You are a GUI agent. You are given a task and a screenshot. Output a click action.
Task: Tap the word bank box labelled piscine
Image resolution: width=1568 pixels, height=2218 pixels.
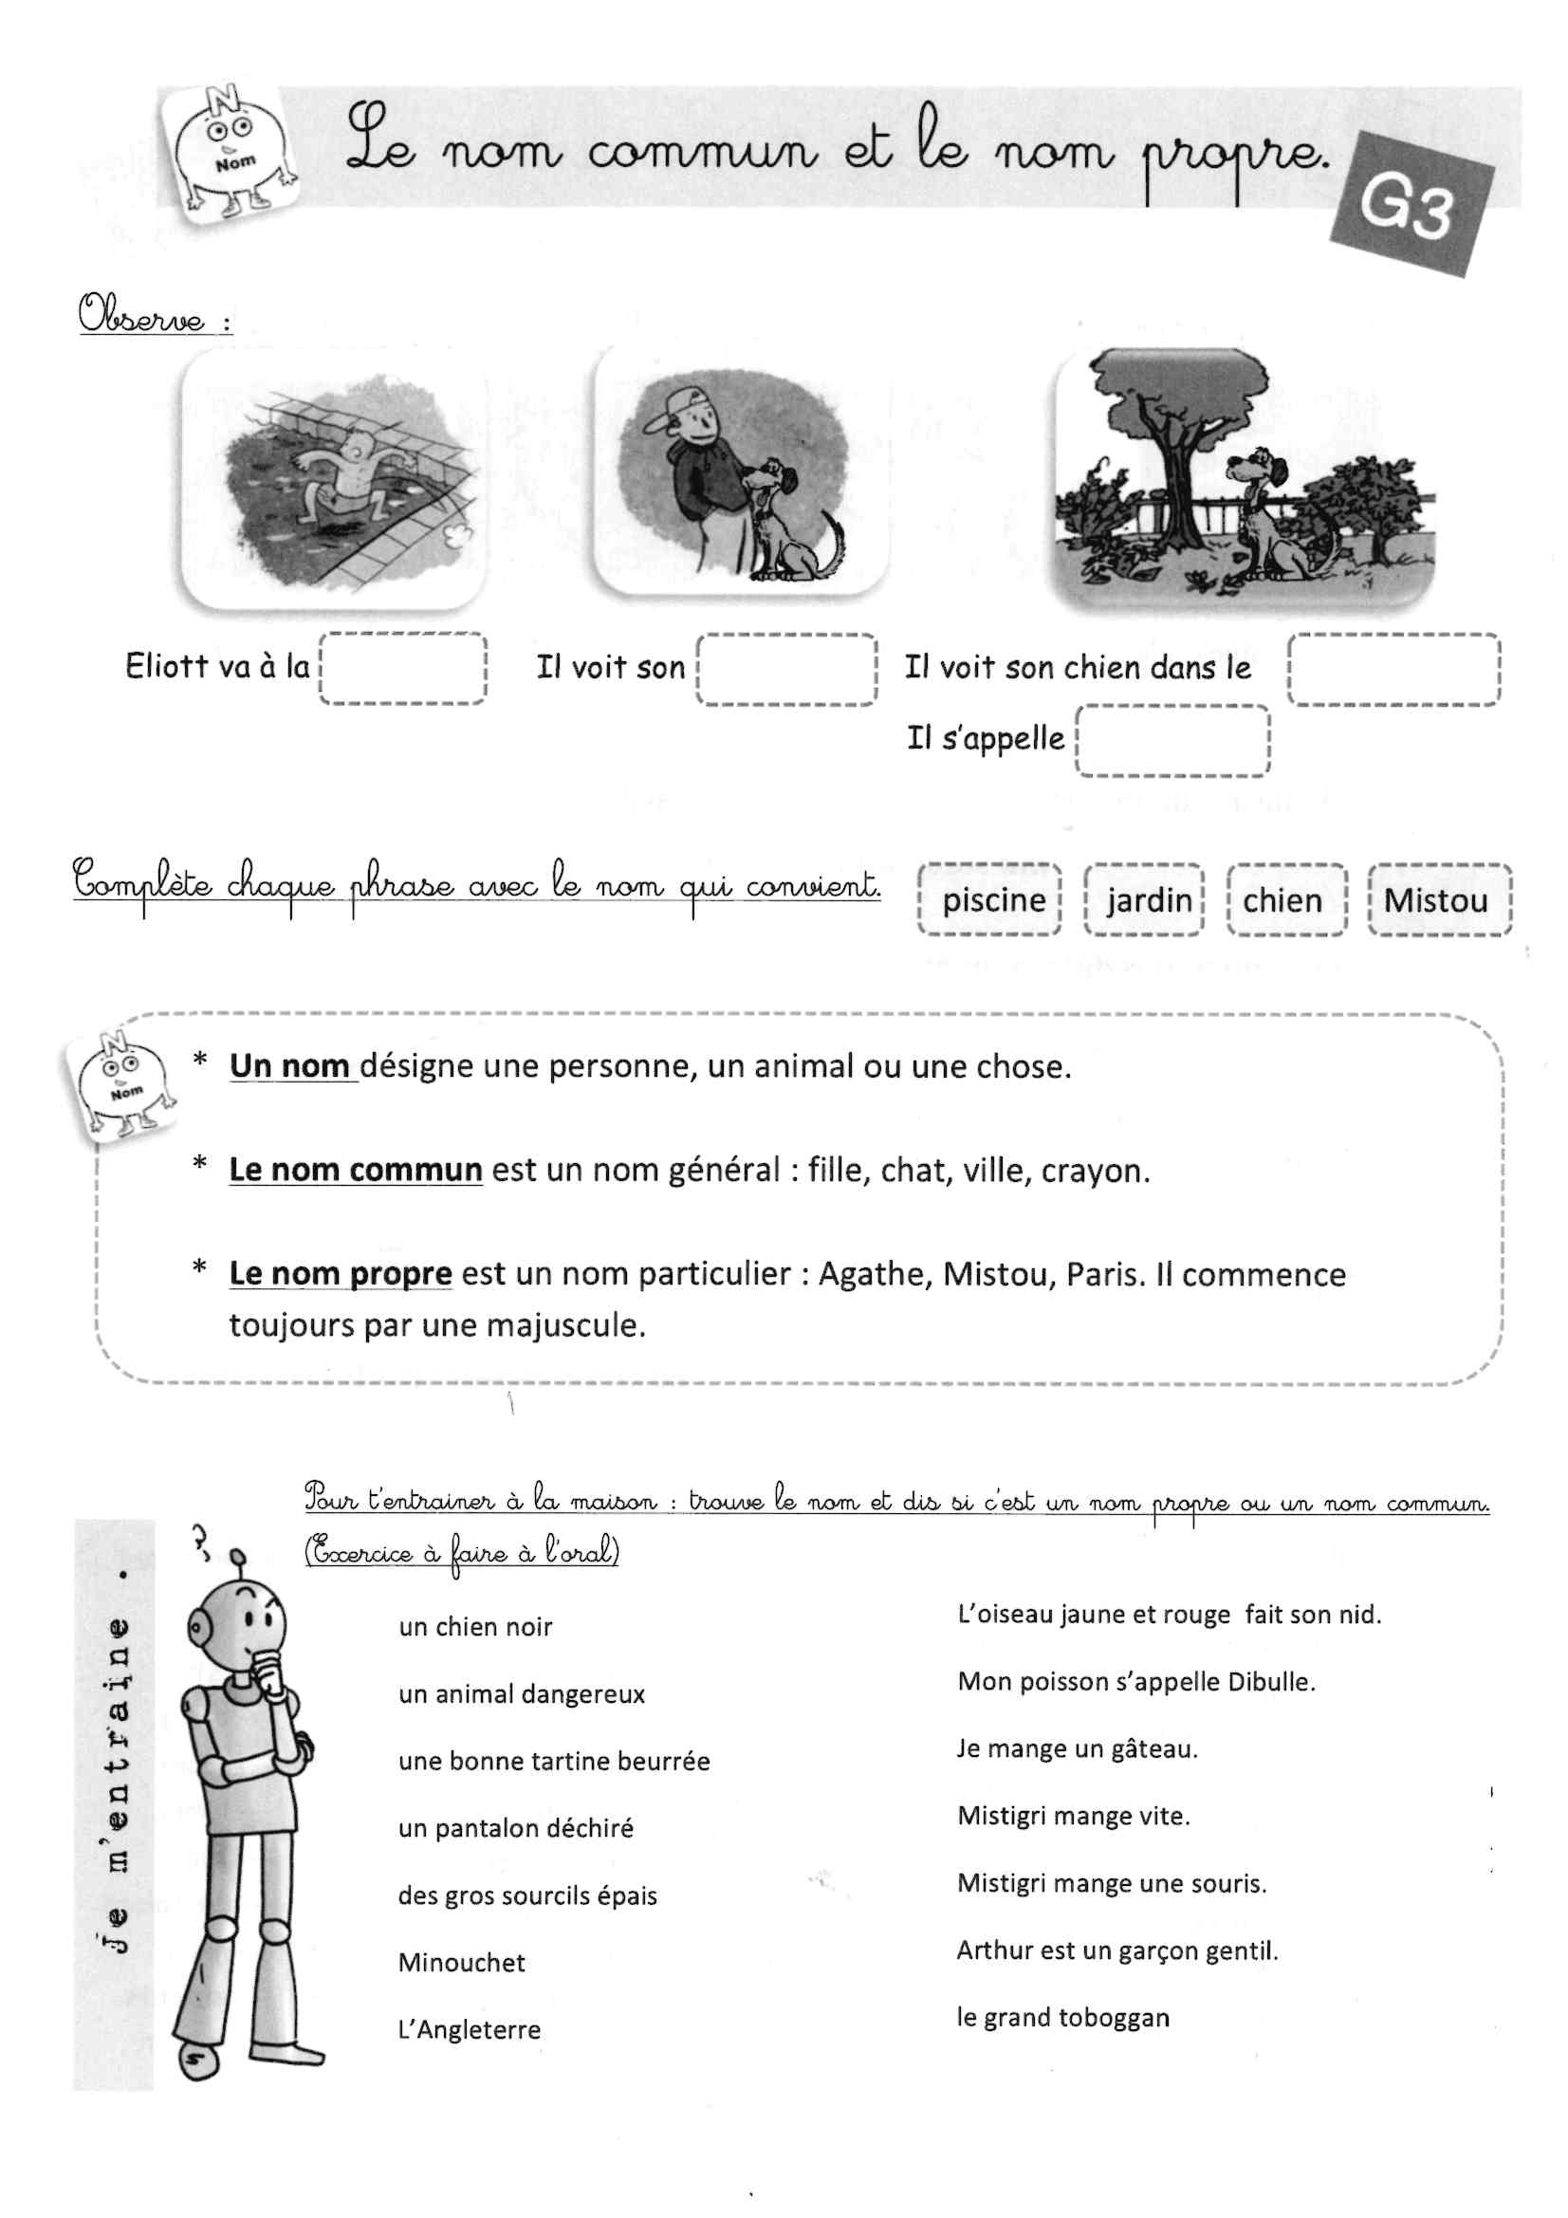pos(991,900)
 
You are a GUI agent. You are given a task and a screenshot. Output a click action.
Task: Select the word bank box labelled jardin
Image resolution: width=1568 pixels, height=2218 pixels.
pos(1146,900)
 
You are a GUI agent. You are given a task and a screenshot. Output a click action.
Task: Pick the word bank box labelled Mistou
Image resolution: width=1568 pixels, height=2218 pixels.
pos(1439,900)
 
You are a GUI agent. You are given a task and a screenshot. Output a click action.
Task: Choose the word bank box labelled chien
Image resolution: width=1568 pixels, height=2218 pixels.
pos(1285,900)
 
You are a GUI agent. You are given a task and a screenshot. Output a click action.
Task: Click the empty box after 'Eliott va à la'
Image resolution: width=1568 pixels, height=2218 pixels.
pos(403,669)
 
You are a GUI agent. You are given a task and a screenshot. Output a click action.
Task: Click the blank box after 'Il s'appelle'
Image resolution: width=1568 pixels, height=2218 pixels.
pos(1171,741)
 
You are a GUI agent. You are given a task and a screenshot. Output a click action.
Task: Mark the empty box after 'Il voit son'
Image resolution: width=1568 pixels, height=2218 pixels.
pos(786,670)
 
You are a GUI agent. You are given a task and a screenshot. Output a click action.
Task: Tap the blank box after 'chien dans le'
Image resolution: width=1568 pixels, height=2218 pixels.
pos(1394,670)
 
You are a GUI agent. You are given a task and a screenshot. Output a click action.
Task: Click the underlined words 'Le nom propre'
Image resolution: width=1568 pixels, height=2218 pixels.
pos(341,1273)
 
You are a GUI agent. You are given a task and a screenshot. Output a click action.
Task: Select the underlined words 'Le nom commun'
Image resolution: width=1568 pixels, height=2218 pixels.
pos(355,1170)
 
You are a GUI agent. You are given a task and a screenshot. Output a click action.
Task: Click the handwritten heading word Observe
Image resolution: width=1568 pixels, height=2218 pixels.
pos(142,315)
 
